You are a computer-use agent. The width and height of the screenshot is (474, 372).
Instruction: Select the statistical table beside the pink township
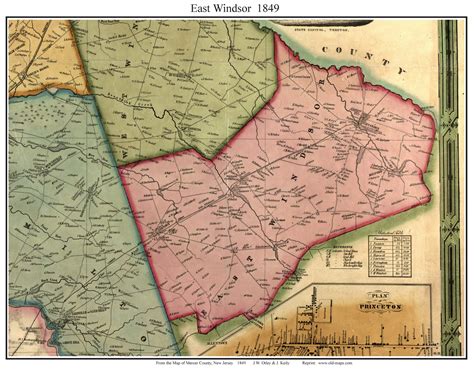click(392, 252)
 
